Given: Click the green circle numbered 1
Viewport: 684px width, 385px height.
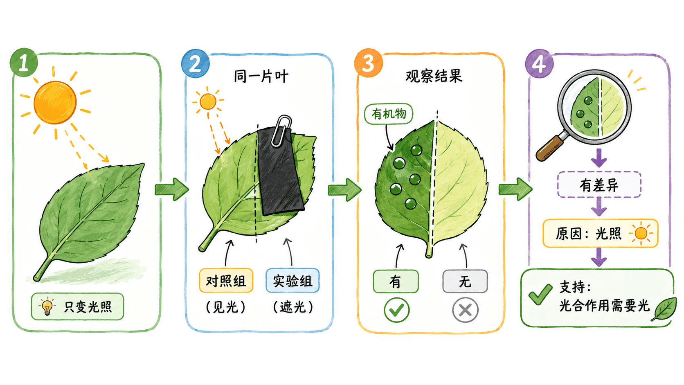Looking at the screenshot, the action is click(x=24, y=62).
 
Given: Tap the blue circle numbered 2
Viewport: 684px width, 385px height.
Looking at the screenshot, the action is click(x=196, y=63).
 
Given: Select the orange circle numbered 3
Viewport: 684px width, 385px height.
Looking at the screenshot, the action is click(x=368, y=63).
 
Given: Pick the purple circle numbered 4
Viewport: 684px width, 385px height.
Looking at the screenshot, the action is click(x=539, y=63).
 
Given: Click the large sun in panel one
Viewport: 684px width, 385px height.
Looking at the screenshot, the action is click(x=55, y=103).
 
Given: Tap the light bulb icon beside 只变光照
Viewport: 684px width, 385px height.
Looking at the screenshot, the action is click(x=47, y=306).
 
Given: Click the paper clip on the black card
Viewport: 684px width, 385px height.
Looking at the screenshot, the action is click(x=281, y=131).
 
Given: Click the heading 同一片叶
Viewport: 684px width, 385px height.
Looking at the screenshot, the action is click(x=261, y=77).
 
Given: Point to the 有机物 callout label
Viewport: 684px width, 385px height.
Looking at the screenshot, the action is click(x=388, y=114).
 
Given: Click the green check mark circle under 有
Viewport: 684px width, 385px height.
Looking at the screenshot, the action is click(x=396, y=310).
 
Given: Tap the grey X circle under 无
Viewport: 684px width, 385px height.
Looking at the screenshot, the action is click(x=465, y=310).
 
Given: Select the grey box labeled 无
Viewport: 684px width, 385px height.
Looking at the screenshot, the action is click(x=465, y=281).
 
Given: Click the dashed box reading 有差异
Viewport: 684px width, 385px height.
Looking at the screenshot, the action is click(x=599, y=185).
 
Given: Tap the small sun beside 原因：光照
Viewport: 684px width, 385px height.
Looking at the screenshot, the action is click(x=641, y=234).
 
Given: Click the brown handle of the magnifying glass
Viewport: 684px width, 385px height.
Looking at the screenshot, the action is click(x=550, y=148).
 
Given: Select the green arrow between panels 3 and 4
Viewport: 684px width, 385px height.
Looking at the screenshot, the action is click(x=515, y=189).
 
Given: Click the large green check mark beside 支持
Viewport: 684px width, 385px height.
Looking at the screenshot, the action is click(x=540, y=294).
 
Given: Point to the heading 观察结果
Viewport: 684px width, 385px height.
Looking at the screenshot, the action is click(x=434, y=76).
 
